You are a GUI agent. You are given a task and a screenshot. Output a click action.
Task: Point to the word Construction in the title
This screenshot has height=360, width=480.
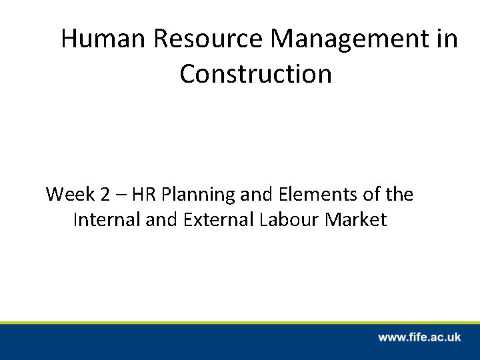point(255,74)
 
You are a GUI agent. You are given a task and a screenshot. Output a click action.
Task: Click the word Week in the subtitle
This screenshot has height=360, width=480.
point(67,195)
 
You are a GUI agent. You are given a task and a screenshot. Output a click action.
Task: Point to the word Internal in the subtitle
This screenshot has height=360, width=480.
point(104,219)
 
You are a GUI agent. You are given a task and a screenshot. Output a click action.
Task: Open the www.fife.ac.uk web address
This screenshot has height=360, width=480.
point(419,337)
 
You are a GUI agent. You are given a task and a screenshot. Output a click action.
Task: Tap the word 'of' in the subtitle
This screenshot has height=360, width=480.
point(369,195)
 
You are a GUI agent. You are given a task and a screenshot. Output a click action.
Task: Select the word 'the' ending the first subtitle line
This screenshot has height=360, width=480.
point(399,195)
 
